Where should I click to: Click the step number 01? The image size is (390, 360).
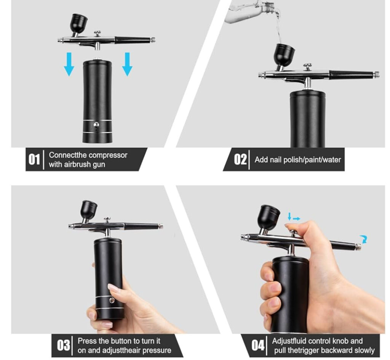(x=34, y=159)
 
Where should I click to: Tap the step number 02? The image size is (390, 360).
(x=240, y=159)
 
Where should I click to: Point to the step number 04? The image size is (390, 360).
(x=258, y=345)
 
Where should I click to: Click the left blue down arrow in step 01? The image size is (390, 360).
(x=69, y=64)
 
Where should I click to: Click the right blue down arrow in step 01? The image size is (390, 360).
(x=127, y=64)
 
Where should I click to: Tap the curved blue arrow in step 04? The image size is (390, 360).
(x=364, y=239)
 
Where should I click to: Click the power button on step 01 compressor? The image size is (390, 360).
(x=96, y=124)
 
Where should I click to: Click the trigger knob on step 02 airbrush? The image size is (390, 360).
(x=307, y=67)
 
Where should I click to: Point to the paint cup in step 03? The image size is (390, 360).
(x=88, y=209)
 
